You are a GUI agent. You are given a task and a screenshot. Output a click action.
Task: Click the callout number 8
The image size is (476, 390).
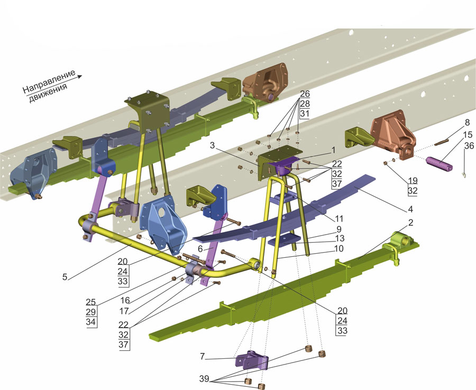(x=466, y=123)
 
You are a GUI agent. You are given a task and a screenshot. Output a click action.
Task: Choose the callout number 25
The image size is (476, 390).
(x=91, y=302)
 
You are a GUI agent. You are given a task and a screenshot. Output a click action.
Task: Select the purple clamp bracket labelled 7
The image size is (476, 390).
(x=252, y=363)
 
